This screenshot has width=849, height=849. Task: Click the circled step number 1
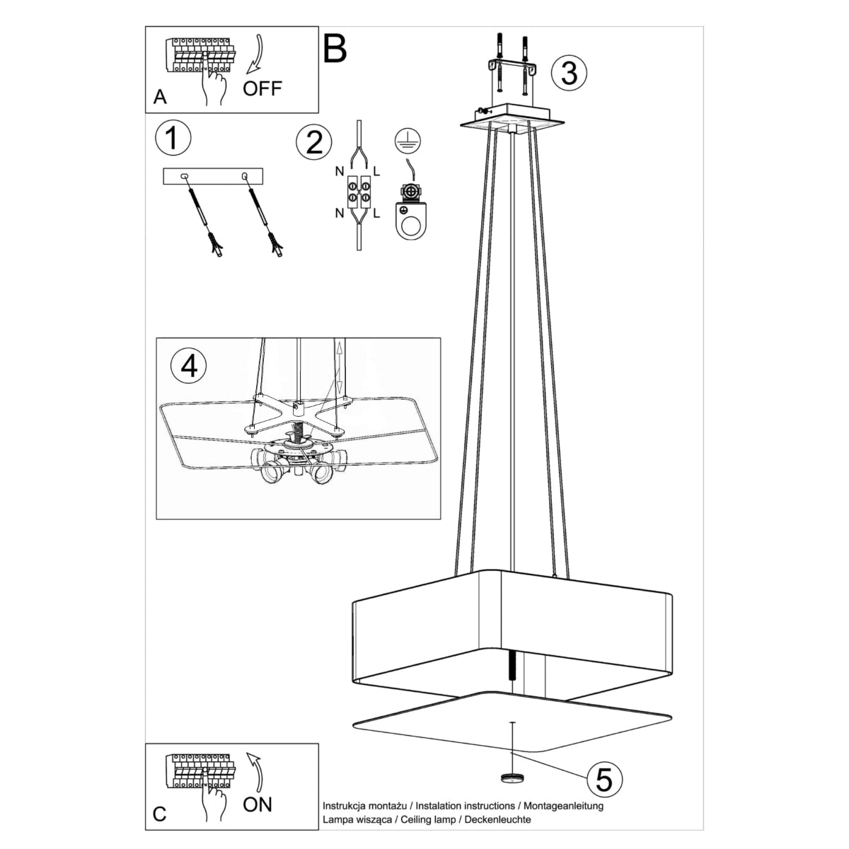pos(173,138)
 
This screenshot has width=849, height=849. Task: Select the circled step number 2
pos(314,142)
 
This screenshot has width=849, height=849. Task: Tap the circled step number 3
pos(569,71)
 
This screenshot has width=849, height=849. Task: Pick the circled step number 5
pos(603,780)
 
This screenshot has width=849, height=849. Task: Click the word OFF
pos(262,88)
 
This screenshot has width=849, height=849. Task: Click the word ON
pos(257,804)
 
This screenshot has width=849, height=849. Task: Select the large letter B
pos(335,48)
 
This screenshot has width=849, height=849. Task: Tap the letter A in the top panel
pos(161,97)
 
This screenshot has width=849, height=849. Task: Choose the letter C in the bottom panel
pos(160,814)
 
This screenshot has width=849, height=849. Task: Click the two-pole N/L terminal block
pos(359,192)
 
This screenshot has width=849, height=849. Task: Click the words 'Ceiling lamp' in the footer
pos(427,819)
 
